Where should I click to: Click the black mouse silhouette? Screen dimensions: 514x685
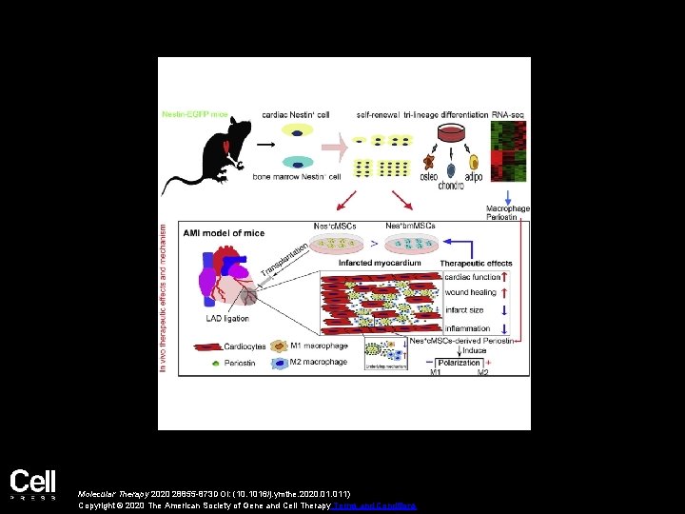205,156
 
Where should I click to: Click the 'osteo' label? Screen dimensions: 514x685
430,176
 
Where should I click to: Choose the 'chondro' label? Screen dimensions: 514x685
451,186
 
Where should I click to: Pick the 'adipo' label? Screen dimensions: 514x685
474,176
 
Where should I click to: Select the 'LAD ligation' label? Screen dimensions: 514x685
228,319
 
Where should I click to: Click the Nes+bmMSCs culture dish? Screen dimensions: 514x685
412,245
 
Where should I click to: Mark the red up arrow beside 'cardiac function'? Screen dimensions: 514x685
504,278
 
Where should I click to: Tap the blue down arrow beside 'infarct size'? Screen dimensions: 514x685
504,309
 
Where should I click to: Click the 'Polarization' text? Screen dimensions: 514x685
460,363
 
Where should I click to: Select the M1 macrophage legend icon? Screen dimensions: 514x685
279,346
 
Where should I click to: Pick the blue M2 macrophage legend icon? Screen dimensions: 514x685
279,363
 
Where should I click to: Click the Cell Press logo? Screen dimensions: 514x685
33,484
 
